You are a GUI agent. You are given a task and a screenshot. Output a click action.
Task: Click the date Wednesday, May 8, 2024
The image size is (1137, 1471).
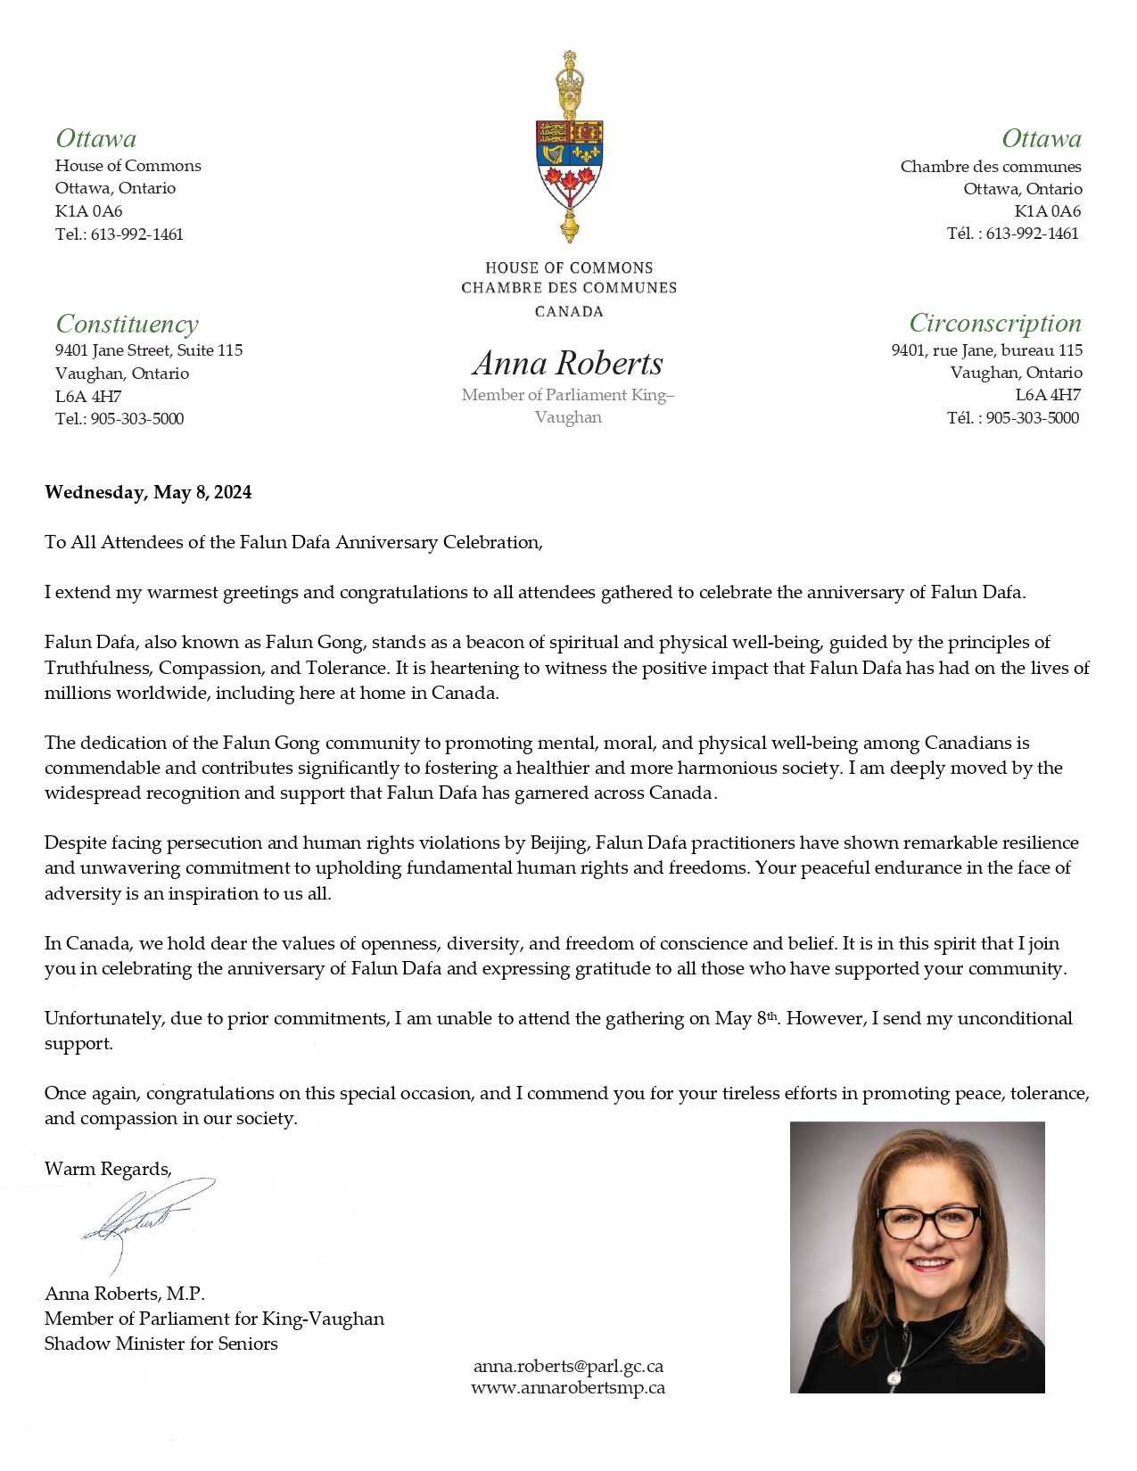pos(148,492)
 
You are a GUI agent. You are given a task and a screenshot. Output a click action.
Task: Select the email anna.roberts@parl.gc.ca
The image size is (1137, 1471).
pos(568,1366)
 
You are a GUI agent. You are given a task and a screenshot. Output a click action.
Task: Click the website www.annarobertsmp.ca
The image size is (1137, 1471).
pos(568,1387)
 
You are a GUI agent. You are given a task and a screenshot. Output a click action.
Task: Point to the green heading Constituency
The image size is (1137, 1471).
pos(127,324)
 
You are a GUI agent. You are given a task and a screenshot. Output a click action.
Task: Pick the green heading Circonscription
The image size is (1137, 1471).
pos(994,323)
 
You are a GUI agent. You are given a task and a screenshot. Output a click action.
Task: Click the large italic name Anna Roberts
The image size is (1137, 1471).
pos(568,363)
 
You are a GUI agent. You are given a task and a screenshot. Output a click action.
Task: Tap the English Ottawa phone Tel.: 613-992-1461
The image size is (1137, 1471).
pos(119,234)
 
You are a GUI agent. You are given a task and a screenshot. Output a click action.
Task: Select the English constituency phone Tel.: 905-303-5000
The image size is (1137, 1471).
pos(119,419)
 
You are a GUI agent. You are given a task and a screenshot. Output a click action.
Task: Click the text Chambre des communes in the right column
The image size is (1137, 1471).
pos(990,167)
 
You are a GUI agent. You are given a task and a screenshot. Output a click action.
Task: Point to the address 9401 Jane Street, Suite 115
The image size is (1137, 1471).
pos(149,350)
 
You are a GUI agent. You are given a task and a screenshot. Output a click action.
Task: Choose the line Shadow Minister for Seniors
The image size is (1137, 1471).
pos(161,1344)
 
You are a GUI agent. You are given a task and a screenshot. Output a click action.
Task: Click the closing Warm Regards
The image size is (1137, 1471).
pos(108,1169)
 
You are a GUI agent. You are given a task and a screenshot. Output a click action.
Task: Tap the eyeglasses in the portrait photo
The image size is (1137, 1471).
pos(927,1221)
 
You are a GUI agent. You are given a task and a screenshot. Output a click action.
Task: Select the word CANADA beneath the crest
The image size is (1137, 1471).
pos(569,311)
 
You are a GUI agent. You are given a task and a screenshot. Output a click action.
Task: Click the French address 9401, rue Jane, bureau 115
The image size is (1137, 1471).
pos(986,350)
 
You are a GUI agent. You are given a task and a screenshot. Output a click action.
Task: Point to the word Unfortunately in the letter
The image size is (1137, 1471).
pos(103,1018)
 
